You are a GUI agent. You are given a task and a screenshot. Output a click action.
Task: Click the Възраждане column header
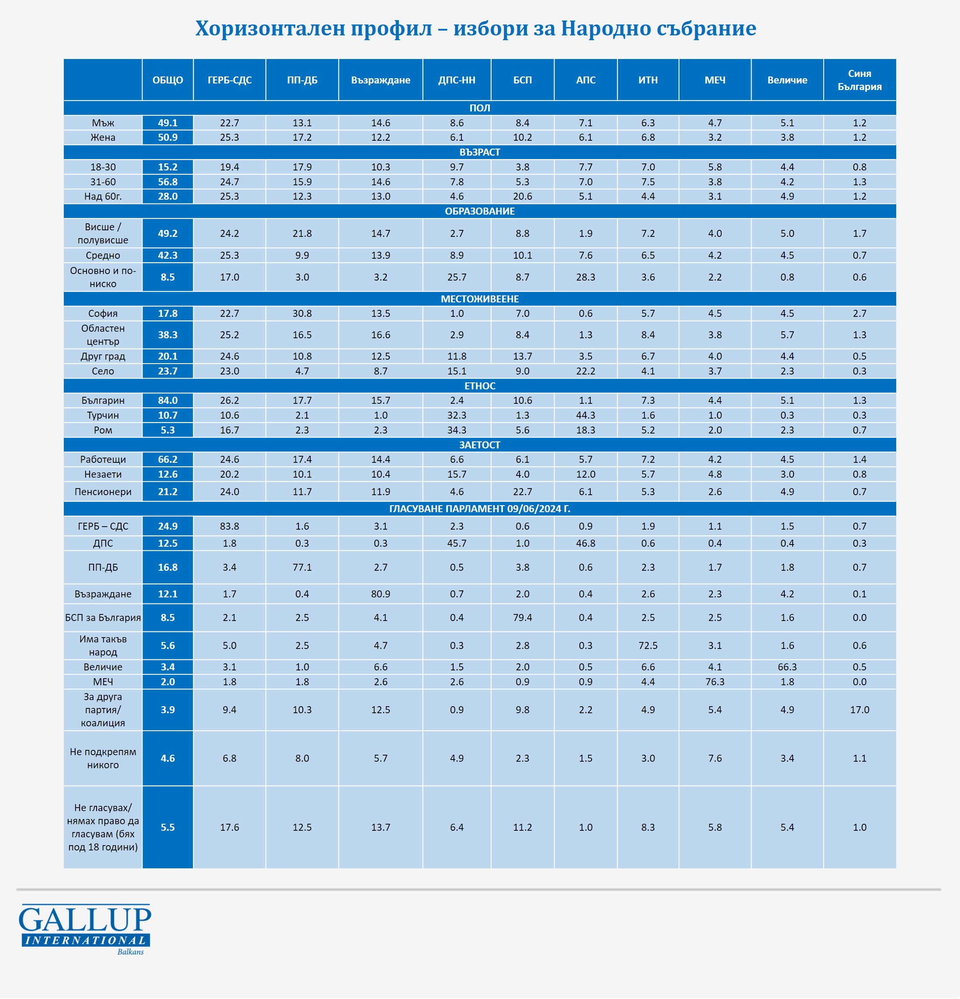click(380, 80)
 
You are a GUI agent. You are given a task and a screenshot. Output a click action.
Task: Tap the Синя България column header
click(859, 80)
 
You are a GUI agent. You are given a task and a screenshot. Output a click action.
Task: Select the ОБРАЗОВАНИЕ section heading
click(479, 211)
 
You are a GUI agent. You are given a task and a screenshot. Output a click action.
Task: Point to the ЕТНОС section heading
click(479, 386)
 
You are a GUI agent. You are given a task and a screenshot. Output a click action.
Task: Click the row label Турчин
click(103, 416)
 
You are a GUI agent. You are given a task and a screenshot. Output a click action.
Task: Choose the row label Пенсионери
click(103, 492)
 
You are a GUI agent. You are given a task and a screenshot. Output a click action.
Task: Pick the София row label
click(103, 313)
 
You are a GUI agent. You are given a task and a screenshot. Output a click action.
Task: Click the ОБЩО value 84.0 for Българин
click(168, 401)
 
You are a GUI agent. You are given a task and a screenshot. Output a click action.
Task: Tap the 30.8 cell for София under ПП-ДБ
click(302, 313)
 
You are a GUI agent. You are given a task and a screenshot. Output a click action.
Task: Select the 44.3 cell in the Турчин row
click(586, 416)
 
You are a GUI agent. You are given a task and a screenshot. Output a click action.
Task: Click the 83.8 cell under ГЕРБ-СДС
click(229, 526)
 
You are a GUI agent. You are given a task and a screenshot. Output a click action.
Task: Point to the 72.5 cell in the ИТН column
click(648, 645)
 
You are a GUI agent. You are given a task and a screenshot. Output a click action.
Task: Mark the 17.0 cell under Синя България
click(859, 710)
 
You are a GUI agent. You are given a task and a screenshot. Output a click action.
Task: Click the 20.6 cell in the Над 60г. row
click(522, 196)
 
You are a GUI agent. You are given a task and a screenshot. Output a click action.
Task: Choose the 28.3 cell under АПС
click(586, 277)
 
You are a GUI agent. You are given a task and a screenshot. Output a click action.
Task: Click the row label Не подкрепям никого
click(103, 758)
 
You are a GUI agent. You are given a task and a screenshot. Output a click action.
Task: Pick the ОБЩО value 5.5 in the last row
click(168, 827)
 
